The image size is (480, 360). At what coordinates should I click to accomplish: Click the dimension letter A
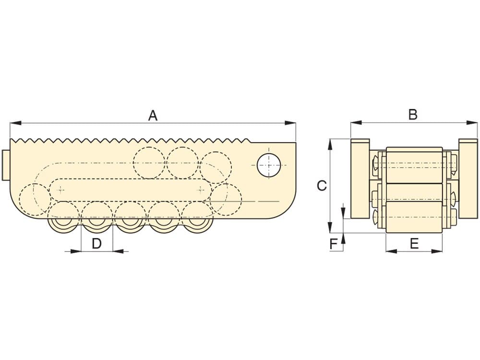[x=153, y=116]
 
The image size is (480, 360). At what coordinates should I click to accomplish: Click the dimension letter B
[x=413, y=115]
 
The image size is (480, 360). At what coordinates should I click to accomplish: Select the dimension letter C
[x=322, y=185]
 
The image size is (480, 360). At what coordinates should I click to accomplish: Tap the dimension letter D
[x=97, y=244]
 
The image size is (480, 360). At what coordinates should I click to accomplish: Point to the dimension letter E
[x=414, y=244]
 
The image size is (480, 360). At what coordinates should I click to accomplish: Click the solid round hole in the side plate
[x=269, y=165]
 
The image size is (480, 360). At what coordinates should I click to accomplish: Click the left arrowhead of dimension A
[x=16, y=123]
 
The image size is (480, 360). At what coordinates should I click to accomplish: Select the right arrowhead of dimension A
[x=290, y=123]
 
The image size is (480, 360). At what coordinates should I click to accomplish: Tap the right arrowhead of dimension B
[x=472, y=122]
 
